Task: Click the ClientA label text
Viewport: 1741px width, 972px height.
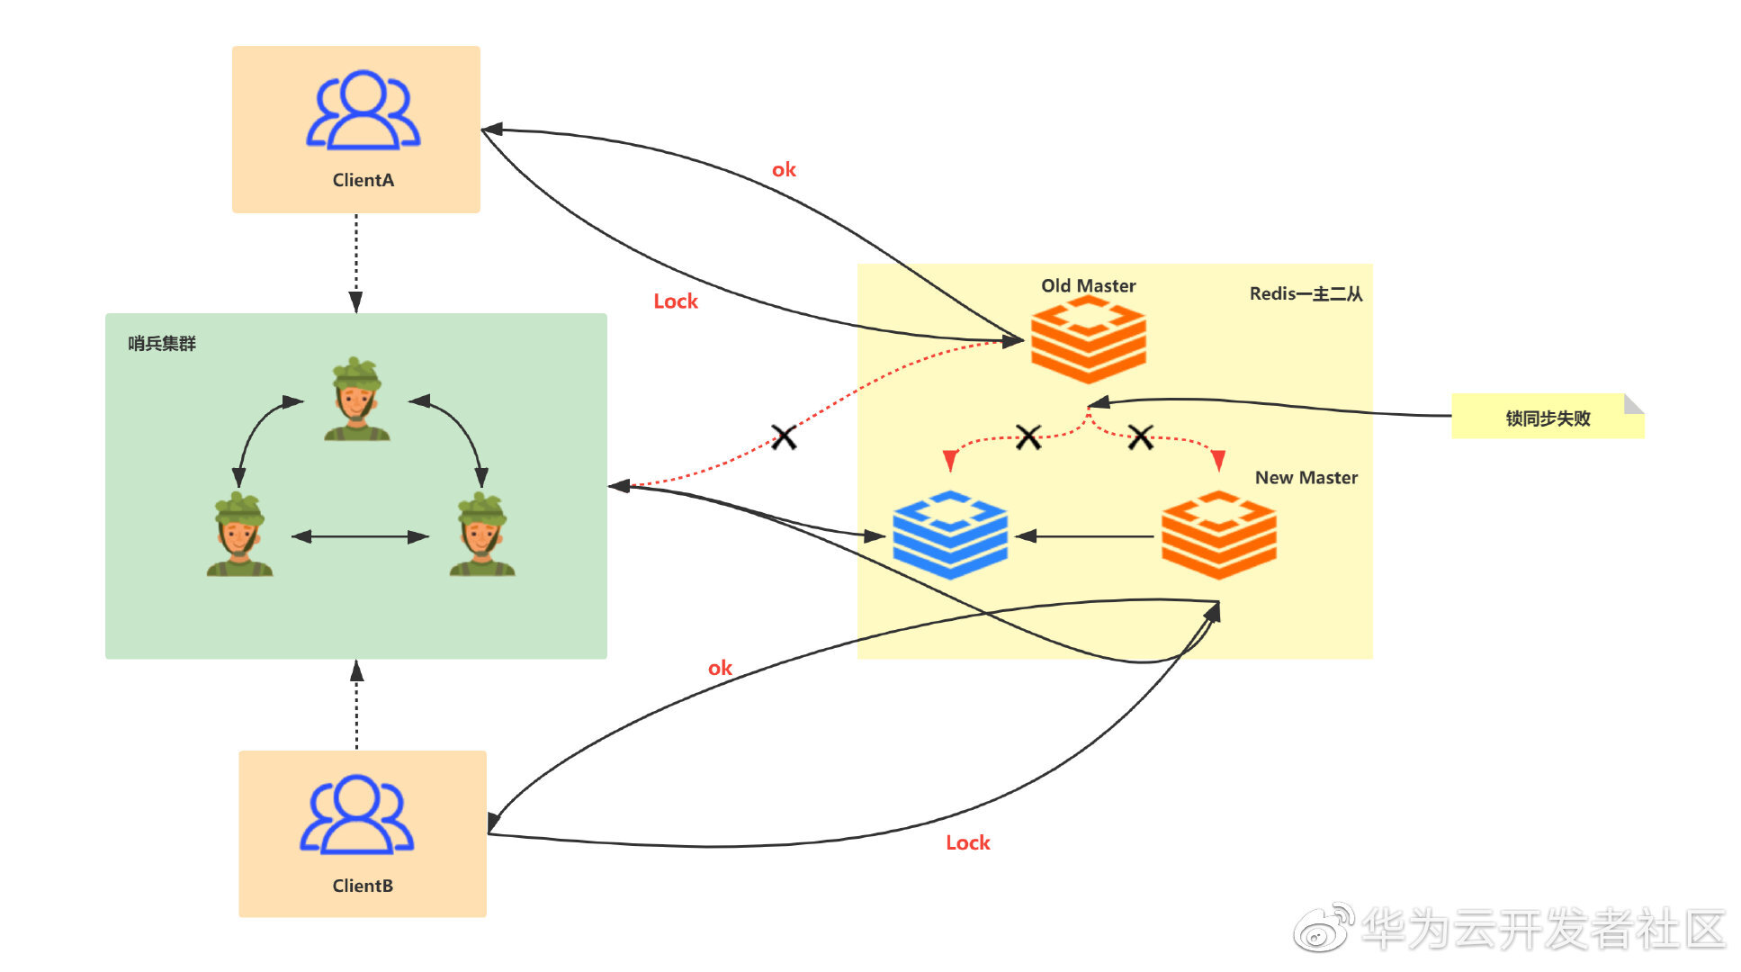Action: pos(363,180)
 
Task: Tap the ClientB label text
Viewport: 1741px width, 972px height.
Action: pos(363,886)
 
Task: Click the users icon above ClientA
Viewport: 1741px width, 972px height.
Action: pos(363,110)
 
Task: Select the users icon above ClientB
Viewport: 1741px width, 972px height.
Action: pos(356,814)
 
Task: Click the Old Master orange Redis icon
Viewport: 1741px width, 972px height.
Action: pos(1088,340)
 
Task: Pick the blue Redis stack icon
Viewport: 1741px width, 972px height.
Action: pos(950,535)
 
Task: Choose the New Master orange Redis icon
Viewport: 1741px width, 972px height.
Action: pos(1218,535)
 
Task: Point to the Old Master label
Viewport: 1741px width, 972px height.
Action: pos(1088,286)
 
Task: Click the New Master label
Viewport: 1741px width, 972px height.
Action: pos(1306,478)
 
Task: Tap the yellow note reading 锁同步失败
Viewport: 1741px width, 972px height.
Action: pos(1547,418)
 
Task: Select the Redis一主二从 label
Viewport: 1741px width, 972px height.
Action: pos(1306,294)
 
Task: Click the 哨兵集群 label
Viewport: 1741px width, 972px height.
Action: pos(162,344)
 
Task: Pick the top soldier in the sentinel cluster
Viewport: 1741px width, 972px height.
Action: pos(356,400)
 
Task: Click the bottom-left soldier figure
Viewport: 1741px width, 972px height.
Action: pos(239,535)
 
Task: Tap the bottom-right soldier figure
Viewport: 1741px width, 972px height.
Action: pos(482,535)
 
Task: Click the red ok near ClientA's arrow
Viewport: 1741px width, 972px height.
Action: pos(784,170)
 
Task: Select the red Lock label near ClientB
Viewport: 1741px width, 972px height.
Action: pos(967,843)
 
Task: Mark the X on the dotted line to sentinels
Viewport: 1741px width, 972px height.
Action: pos(784,437)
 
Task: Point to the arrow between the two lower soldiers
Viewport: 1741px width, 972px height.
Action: pos(360,537)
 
